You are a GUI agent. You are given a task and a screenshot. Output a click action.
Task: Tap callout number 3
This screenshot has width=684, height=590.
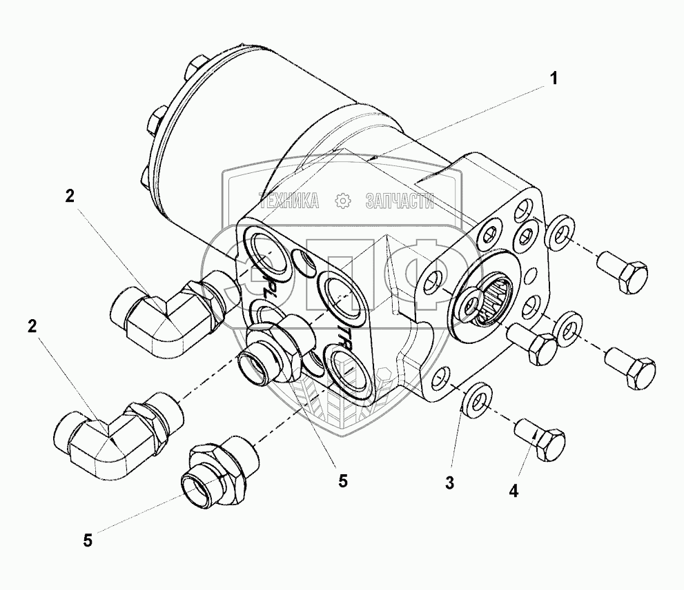point(449,483)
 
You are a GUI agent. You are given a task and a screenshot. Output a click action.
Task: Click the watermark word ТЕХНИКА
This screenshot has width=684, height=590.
point(289,201)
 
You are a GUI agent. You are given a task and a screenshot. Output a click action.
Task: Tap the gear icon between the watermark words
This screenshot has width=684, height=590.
point(341,201)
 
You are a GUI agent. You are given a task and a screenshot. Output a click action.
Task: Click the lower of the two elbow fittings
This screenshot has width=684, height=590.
point(117,440)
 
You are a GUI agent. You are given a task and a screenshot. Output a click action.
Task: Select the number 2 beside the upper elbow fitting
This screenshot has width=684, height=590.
point(69,196)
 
